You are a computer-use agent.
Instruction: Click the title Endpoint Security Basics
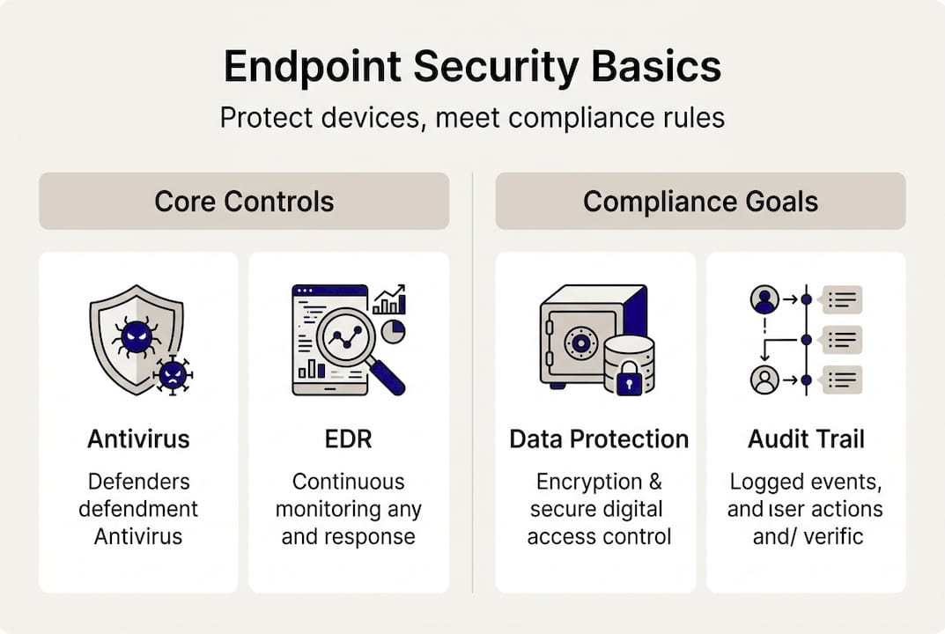(472, 68)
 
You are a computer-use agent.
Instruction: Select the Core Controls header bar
(244, 202)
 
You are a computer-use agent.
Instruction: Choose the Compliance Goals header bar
(700, 202)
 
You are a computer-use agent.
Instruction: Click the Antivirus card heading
(138, 439)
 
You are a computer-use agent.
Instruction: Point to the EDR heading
(348, 439)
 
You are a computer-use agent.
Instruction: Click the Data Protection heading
(599, 439)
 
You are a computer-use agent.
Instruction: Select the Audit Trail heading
(806, 439)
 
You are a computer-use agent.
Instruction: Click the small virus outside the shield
(173, 373)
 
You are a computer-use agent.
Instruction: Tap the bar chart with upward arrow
(388, 299)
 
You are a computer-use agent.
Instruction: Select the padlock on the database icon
(629, 380)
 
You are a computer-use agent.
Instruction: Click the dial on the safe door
(580, 341)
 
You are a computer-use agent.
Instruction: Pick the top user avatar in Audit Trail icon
(764, 299)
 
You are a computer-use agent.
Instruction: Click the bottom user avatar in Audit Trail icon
(764, 380)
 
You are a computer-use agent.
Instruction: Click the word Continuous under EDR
(348, 482)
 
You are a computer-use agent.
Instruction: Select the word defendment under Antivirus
(138, 509)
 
